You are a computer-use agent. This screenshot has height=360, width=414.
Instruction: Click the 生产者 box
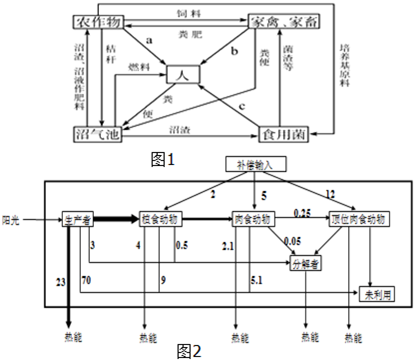click(78, 216)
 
